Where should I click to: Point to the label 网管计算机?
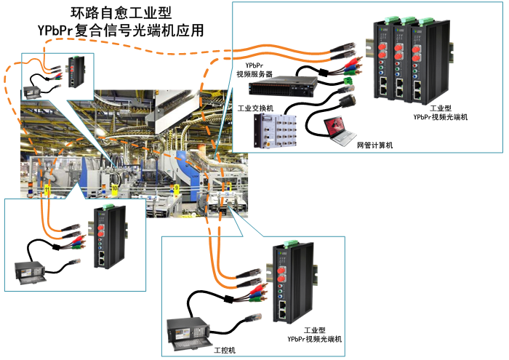pyautogui.click(x=374, y=145)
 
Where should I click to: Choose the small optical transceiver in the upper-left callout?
pyautogui.click(x=77, y=71)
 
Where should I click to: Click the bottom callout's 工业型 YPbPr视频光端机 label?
pyautogui.click(x=314, y=335)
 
